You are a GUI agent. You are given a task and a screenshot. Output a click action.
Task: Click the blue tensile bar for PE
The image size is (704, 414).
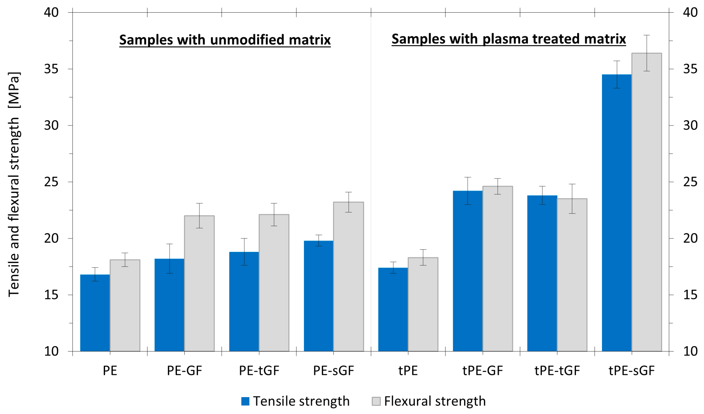click(x=95, y=313)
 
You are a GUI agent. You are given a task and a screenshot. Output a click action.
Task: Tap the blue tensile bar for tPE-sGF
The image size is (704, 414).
click(x=617, y=213)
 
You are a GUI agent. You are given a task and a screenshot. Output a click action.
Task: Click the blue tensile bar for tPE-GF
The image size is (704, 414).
click(x=468, y=271)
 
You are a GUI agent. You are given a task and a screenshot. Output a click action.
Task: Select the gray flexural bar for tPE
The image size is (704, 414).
click(x=423, y=305)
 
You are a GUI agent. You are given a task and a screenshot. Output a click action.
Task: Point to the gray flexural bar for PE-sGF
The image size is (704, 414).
click(x=348, y=277)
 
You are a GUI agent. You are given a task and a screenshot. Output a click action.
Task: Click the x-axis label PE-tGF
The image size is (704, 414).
click(x=259, y=371)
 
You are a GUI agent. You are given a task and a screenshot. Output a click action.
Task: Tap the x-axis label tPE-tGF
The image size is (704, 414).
click(x=557, y=371)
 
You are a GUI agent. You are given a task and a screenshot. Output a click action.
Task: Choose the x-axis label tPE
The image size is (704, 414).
click(x=408, y=371)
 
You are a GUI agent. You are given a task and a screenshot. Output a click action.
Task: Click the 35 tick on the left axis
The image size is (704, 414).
click(x=52, y=69)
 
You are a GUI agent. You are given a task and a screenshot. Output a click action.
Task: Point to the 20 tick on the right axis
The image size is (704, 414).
click(x=690, y=238)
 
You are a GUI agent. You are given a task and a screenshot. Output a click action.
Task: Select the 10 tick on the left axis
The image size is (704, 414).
click(x=52, y=351)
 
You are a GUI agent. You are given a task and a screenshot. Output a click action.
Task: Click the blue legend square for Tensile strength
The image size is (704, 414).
click(x=245, y=401)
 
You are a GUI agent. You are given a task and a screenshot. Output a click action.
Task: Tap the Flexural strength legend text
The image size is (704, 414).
click(x=435, y=401)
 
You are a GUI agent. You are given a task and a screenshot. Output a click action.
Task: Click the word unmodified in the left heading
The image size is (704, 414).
click(x=247, y=40)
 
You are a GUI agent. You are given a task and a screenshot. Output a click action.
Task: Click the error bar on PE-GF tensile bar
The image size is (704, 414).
click(x=169, y=258)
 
